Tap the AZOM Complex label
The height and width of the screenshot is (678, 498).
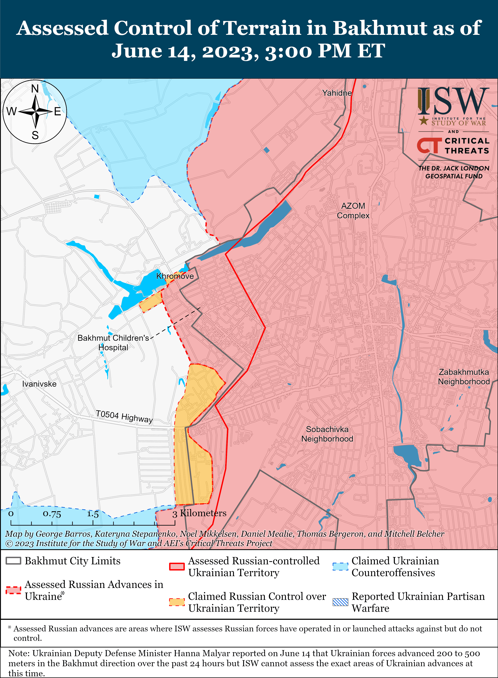[x=353, y=211]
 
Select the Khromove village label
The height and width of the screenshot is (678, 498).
[x=175, y=276]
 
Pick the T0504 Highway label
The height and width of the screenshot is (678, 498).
[x=124, y=416]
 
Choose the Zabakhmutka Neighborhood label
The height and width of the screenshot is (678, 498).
[x=464, y=377]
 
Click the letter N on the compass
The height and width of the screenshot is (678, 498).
[x=35, y=89]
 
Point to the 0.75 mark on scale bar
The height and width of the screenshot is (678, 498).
[x=52, y=514]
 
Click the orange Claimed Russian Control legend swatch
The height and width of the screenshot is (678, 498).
[x=177, y=602]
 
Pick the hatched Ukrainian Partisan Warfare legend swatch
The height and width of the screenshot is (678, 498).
[x=340, y=602]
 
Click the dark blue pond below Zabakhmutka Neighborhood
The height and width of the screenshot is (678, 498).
[x=407, y=455]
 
